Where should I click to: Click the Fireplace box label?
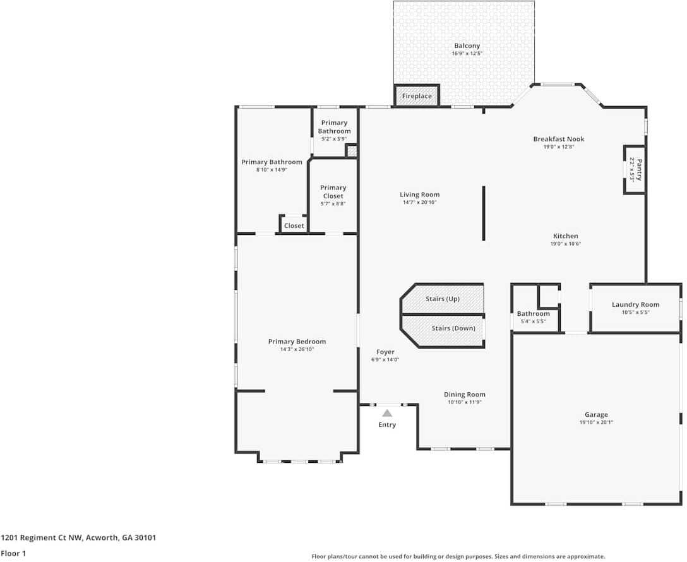coord(417,96)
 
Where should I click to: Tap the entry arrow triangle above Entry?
coord(387,412)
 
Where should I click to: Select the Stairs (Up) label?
coord(442,299)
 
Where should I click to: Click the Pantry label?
coord(638,170)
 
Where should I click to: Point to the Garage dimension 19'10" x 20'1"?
coord(596,422)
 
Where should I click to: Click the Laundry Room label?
coord(635,304)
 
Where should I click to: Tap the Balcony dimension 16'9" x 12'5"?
coord(467,54)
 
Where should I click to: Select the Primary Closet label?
coord(333,191)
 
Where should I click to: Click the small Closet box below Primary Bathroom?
coord(294,225)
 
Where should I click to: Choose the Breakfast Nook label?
coord(558,139)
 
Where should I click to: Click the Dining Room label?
coord(464,395)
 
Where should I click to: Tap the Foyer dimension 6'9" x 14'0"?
coord(385,360)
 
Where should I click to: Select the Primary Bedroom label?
coord(297,342)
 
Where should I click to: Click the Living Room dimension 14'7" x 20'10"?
coord(420,203)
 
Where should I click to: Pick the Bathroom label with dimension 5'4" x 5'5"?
coord(533,314)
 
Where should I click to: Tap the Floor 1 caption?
coord(13,553)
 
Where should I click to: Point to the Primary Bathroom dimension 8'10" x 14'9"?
coord(272,170)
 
